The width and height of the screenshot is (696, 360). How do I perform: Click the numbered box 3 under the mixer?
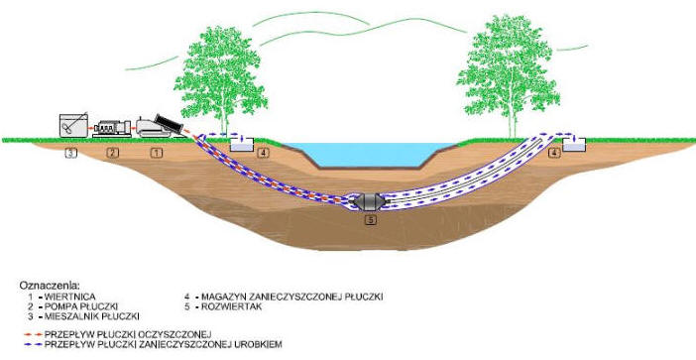pos(71,153)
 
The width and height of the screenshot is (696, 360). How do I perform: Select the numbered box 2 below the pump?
pos(113,153)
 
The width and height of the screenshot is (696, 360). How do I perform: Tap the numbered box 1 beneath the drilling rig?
pos(157,153)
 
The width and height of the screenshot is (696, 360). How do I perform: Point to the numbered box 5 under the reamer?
pos(371,220)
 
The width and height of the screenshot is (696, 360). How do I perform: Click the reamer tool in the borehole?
pos(369,201)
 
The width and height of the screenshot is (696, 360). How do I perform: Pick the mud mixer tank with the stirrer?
pos(73,125)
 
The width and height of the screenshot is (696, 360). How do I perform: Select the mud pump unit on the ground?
pos(112,128)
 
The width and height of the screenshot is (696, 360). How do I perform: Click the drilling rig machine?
pos(160,126)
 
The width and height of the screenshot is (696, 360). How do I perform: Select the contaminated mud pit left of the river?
pos(242,145)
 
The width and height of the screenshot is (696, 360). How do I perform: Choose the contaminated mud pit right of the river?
pos(574,145)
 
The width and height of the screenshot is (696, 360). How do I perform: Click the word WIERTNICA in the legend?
pos(69,297)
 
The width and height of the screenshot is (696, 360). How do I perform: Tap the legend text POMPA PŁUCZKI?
pos(81,306)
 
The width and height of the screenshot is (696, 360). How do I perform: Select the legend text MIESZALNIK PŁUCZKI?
pos(92,316)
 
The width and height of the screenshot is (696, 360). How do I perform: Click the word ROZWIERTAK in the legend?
pos(231,306)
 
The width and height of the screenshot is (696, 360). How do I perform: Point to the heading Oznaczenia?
pos(50,285)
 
